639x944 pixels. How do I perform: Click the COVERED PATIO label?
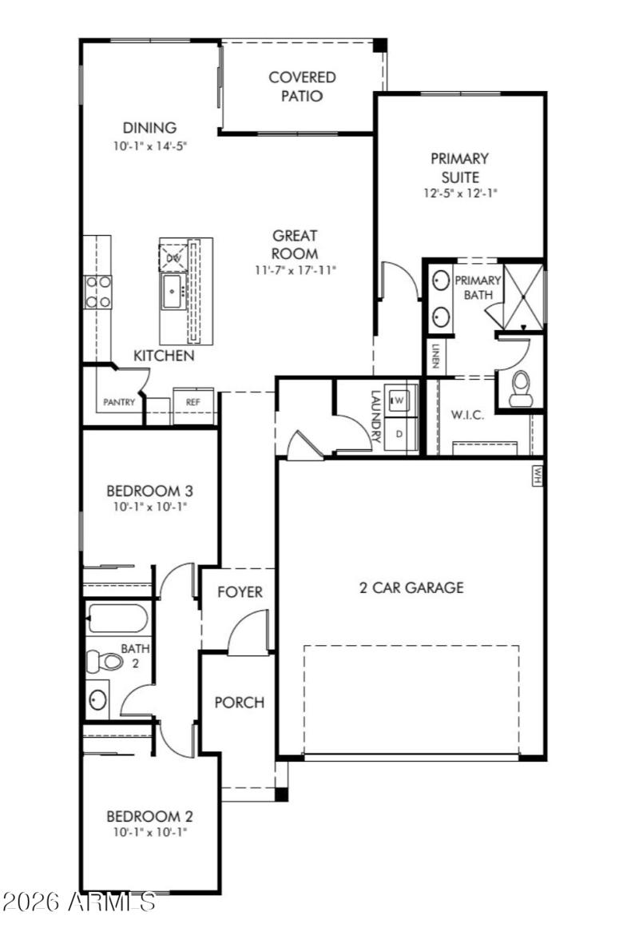click(x=302, y=87)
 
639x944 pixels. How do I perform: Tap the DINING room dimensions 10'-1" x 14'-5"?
click(x=149, y=147)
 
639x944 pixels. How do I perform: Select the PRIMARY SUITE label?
click(x=460, y=168)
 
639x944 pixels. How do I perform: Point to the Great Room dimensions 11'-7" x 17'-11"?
click(x=295, y=270)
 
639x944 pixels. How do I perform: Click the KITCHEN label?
click(x=164, y=356)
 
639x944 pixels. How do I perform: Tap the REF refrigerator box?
click(x=193, y=403)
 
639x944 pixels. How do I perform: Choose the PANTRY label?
click(x=118, y=403)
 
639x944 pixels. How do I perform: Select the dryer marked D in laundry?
click(x=400, y=433)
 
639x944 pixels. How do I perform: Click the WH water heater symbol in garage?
click(x=537, y=476)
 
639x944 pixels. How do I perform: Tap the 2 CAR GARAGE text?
click(x=411, y=588)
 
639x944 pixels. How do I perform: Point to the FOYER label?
click(x=240, y=592)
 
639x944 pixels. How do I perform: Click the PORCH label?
click(x=240, y=703)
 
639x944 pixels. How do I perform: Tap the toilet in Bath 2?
click(x=104, y=661)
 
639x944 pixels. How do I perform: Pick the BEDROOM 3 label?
click(x=149, y=491)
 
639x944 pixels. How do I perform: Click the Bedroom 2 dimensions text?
click(x=149, y=832)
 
